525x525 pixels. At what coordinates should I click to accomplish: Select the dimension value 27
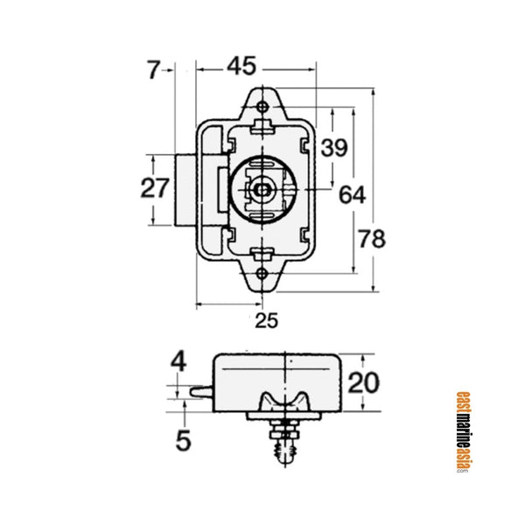tap(156, 188)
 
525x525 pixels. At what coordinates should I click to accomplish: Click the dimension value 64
tap(353, 194)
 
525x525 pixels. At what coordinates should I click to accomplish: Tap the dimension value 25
tap(266, 320)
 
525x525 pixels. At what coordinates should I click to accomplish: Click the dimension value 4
tap(179, 361)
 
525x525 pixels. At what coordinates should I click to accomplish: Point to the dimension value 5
tap(183, 440)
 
